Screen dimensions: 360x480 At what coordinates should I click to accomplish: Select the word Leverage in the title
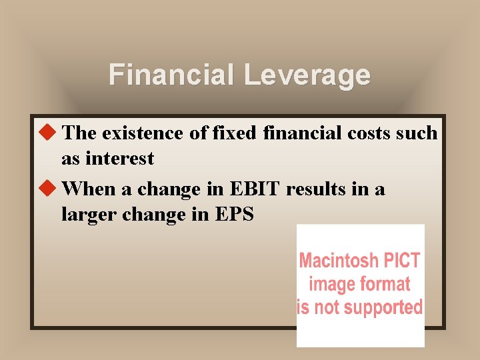point(306,75)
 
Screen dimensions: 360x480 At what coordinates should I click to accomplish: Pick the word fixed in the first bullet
point(234,133)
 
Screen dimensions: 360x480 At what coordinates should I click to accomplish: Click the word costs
point(372,133)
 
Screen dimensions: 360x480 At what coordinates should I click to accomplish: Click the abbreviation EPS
point(233,215)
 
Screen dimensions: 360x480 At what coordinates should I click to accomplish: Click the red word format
point(385,284)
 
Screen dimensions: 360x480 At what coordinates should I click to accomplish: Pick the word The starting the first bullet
point(79,133)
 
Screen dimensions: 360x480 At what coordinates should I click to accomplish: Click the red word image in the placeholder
point(331,284)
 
